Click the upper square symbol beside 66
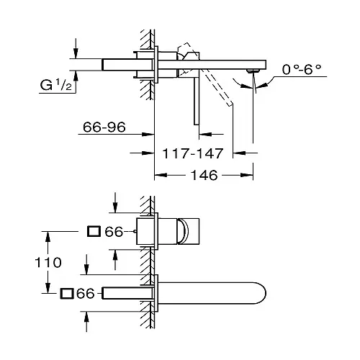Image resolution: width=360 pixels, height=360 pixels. (x=93, y=231)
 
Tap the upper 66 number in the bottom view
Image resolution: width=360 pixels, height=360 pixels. (x=113, y=231)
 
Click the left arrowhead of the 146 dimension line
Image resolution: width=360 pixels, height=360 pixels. (x=158, y=174)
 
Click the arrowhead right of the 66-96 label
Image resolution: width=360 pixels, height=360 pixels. (x=150, y=132)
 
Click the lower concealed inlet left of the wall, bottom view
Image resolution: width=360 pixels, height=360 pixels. (x=128, y=294)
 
